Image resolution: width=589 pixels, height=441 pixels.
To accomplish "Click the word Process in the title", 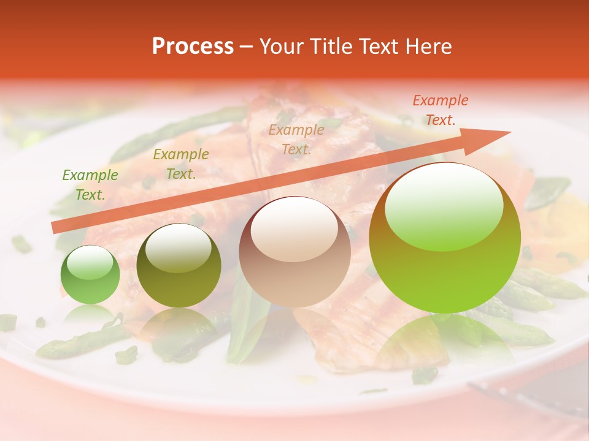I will click(x=193, y=47).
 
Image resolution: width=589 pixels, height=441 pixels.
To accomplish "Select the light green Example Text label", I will click(x=90, y=185).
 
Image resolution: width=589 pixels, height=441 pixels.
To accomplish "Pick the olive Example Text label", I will click(x=181, y=164).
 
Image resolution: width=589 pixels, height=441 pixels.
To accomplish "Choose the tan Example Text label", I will click(x=296, y=140).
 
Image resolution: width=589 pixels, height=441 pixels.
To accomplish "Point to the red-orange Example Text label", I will click(x=440, y=110).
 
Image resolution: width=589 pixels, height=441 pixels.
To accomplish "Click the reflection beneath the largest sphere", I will click(x=445, y=343).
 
